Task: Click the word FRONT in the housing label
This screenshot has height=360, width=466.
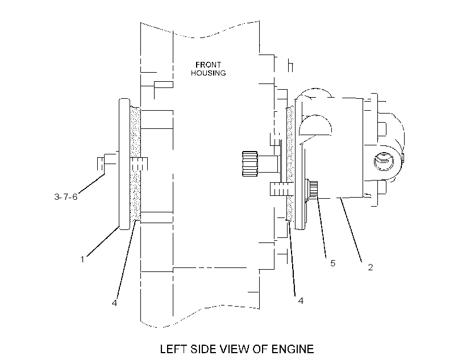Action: pyautogui.click(x=208, y=65)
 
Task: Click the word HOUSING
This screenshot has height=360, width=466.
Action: pyautogui.click(x=209, y=73)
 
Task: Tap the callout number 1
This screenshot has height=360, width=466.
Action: pyautogui.click(x=82, y=259)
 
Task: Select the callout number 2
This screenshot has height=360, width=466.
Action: pyautogui.click(x=371, y=267)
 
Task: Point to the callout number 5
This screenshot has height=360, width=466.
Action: pyautogui.click(x=333, y=263)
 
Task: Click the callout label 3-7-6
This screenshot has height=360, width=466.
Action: pyautogui.click(x=66, y=196)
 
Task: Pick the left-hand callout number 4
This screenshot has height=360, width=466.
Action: pyautogui.click(x=114, y=303)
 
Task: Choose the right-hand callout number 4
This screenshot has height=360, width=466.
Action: pyautogui.click(x=301, y=300)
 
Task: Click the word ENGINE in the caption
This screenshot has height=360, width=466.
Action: pyautogui.click(x=293, y=349)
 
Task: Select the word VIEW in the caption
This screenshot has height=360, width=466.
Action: pyautogui.click(x=237, y=349)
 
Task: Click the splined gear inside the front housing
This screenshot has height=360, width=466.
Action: pyautogui.click(x=249, y=164)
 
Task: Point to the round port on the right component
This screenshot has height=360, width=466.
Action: pyautogui.click(x=384, y=161)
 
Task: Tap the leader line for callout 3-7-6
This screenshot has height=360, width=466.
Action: pyautogui.click(x=91, y=183)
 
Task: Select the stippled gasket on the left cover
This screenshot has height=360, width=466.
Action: pyautogui.click(x=135, y=164)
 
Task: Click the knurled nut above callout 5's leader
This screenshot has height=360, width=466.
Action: pyautogui.click(x=313, y=190)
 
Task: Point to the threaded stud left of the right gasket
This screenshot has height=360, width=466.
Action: pyautogui.click(x=280, y=189)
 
